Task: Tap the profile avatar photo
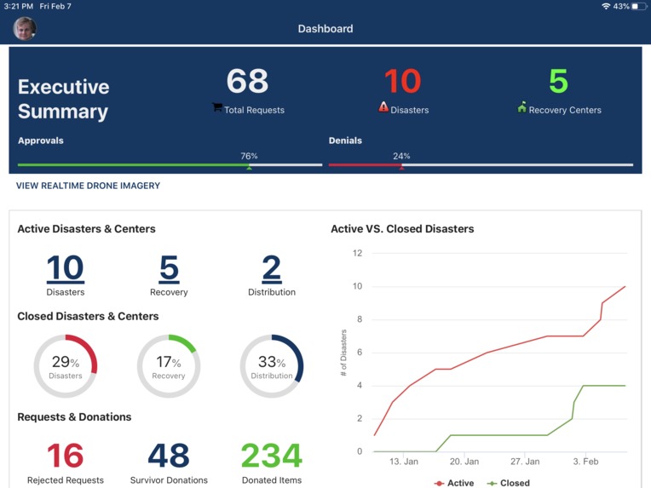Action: click(25, 29)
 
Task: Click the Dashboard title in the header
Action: click(325, 29)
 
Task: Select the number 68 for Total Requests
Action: click(247, 82)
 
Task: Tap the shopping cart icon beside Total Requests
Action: click(217, 108)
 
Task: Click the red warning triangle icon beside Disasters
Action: click(383, 107)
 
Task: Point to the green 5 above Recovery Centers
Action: click(558, 82)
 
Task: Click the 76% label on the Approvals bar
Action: click(249, 156)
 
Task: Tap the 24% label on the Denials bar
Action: click(401, 156)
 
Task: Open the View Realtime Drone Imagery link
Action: click(88, 186)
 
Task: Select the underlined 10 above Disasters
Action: click(66, 268)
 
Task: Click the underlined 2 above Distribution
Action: click(272, 268)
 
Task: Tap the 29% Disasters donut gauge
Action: click(66, 366)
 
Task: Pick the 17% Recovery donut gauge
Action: click(169, 366)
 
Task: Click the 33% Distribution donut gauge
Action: click(272, 366)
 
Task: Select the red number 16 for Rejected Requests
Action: click(66, 456)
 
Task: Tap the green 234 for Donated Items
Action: click(272, 456)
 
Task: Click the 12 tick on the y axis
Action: click(357, 253)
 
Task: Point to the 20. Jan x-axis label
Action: click(464, 462)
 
